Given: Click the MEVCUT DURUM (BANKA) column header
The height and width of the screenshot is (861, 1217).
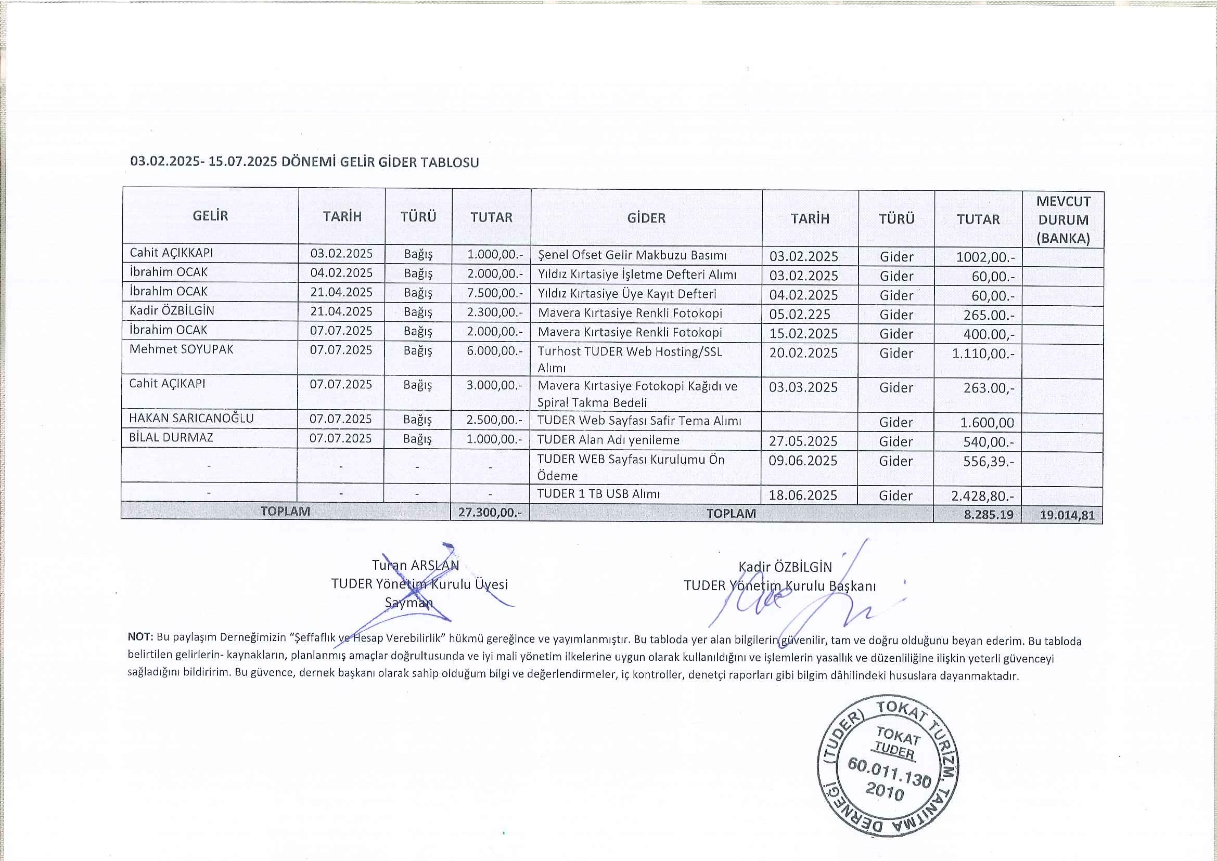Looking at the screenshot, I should click(1062, 219).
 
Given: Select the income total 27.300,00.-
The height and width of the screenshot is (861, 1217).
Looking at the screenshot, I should click(490, 512).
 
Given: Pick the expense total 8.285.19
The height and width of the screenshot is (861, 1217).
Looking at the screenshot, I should click(990, 514).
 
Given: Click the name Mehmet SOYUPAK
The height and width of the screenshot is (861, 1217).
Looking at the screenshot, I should click(182, 349).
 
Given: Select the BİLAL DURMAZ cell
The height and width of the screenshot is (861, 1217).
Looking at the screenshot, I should click(171, 437).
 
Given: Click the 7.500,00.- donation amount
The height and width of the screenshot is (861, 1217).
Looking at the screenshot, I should click(495, 292).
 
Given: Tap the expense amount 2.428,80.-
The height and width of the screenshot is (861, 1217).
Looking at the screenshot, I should click(982, 495).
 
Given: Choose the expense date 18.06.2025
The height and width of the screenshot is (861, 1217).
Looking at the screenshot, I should click(803, 495).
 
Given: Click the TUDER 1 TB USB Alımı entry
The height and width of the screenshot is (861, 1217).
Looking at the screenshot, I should click(598, 493).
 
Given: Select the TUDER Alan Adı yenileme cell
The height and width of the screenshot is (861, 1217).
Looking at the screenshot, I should click(608, 439).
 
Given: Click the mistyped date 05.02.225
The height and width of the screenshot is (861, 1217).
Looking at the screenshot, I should click(800, 315).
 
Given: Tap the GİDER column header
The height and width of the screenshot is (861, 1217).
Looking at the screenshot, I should click(646, 218).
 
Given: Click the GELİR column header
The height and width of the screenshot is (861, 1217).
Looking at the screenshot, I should click(211, 216).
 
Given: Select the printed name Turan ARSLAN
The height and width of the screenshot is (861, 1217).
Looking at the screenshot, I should click(415, 565).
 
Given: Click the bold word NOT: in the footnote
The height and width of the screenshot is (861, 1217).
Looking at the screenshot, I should click(140, 636).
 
